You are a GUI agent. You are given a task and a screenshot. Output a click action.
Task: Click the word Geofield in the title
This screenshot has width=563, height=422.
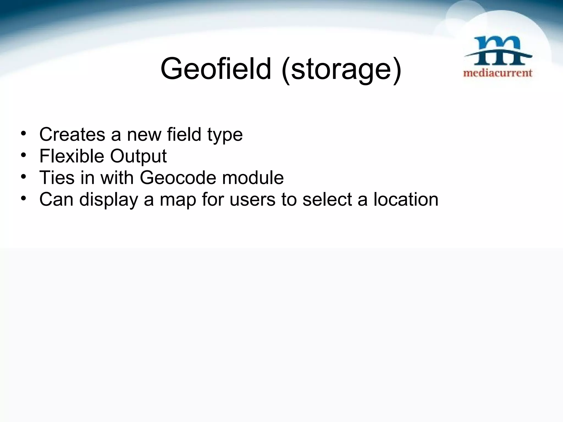[216, 69]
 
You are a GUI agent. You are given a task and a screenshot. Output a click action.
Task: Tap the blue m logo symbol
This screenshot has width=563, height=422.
[498, 51]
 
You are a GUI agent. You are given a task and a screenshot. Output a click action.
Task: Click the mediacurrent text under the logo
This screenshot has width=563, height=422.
[498, 73]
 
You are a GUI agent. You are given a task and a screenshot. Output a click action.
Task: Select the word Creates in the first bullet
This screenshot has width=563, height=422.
[72, 134]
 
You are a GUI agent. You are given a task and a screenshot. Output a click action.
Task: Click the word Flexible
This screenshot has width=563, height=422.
[72, 156]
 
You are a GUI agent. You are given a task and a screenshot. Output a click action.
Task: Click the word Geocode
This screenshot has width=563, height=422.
[178, 177]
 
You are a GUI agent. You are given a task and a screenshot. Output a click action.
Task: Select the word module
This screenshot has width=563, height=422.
[253, 177]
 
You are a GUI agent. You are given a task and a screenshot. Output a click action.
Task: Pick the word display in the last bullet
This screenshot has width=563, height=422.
[109, 200]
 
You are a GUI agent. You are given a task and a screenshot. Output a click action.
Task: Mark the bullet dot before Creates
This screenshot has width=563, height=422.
[24, 134]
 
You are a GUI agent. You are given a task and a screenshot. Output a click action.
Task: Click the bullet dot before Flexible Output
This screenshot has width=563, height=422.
[24, 155]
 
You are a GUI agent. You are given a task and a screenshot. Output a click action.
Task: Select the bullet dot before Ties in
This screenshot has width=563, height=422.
[24, 177]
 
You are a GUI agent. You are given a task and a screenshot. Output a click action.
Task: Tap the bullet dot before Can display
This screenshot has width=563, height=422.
[24, 198]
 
